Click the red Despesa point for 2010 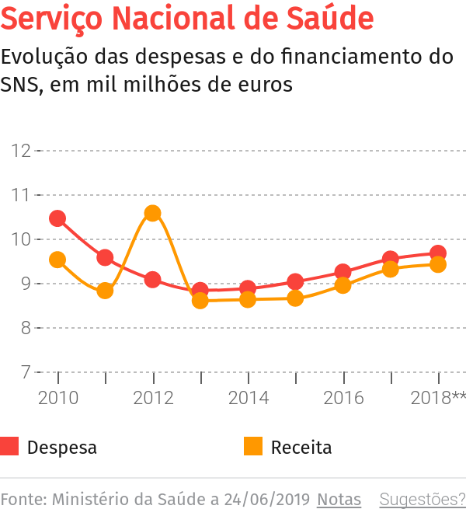(57, 218)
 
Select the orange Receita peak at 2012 (153, 213)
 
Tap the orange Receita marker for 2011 (105, 291)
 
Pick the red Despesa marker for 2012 (153, 280)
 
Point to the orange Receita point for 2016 (343, 285)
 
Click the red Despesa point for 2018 (438, 253)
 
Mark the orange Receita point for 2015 (295, 298)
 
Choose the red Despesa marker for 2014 (248, 289)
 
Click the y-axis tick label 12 (21, 151)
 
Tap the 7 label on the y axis (26, 373)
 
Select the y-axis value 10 (21, 239)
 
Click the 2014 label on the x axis (248, 398)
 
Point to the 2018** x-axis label (438, 398)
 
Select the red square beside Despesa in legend (9, 447)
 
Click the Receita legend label (301, 448)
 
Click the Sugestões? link (422, 499)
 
